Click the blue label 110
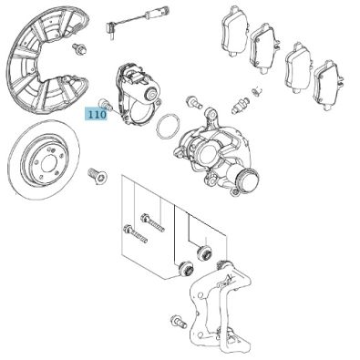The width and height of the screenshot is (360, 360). [x=97, y=115]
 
